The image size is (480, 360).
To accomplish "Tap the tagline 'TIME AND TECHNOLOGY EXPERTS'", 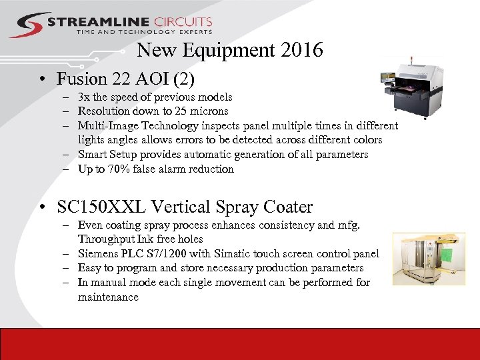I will coord(144,32).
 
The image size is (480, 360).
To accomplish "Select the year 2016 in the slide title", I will coord(302,50).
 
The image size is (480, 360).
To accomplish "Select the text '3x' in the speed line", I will coord(85,97).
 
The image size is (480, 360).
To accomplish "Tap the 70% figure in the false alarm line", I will coord(119,169).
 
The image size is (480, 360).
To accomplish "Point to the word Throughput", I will coord(104,239).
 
